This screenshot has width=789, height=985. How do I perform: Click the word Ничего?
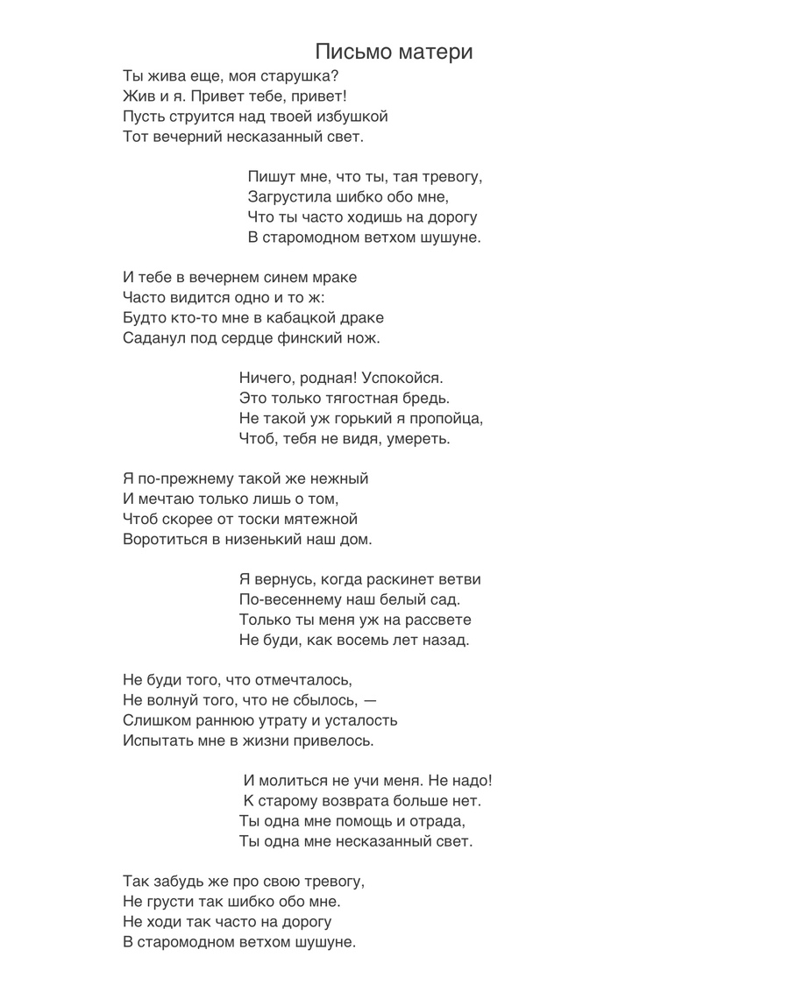coord(267,379)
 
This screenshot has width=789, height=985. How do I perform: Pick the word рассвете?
coord(449,620)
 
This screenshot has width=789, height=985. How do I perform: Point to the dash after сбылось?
coord(370,701)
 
